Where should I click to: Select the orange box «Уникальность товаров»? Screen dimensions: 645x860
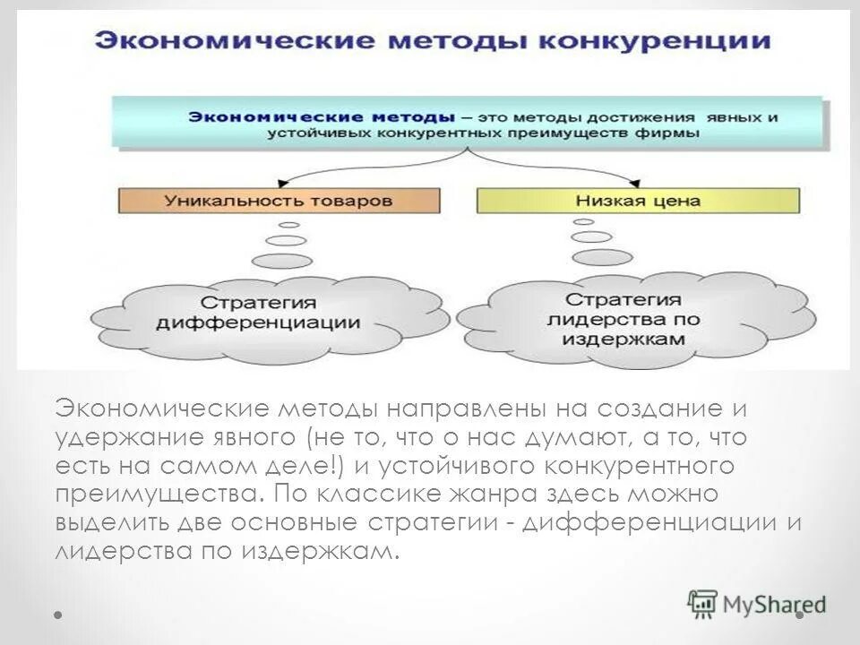coord(279,201)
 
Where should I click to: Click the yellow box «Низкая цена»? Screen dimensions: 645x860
coord(638,201)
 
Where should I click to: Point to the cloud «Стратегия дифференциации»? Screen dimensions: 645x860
coord(260,312)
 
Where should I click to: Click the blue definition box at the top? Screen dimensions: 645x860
coord(470,125)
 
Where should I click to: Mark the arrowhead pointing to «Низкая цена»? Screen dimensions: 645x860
coord(637,182)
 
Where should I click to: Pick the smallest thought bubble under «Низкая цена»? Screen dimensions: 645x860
coord(584,220)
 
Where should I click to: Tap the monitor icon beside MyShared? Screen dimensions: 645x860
coord(703,603)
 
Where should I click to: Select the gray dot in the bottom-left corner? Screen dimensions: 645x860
coord(58,616)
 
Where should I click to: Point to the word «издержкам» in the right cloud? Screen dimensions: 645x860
coord(638,340)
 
